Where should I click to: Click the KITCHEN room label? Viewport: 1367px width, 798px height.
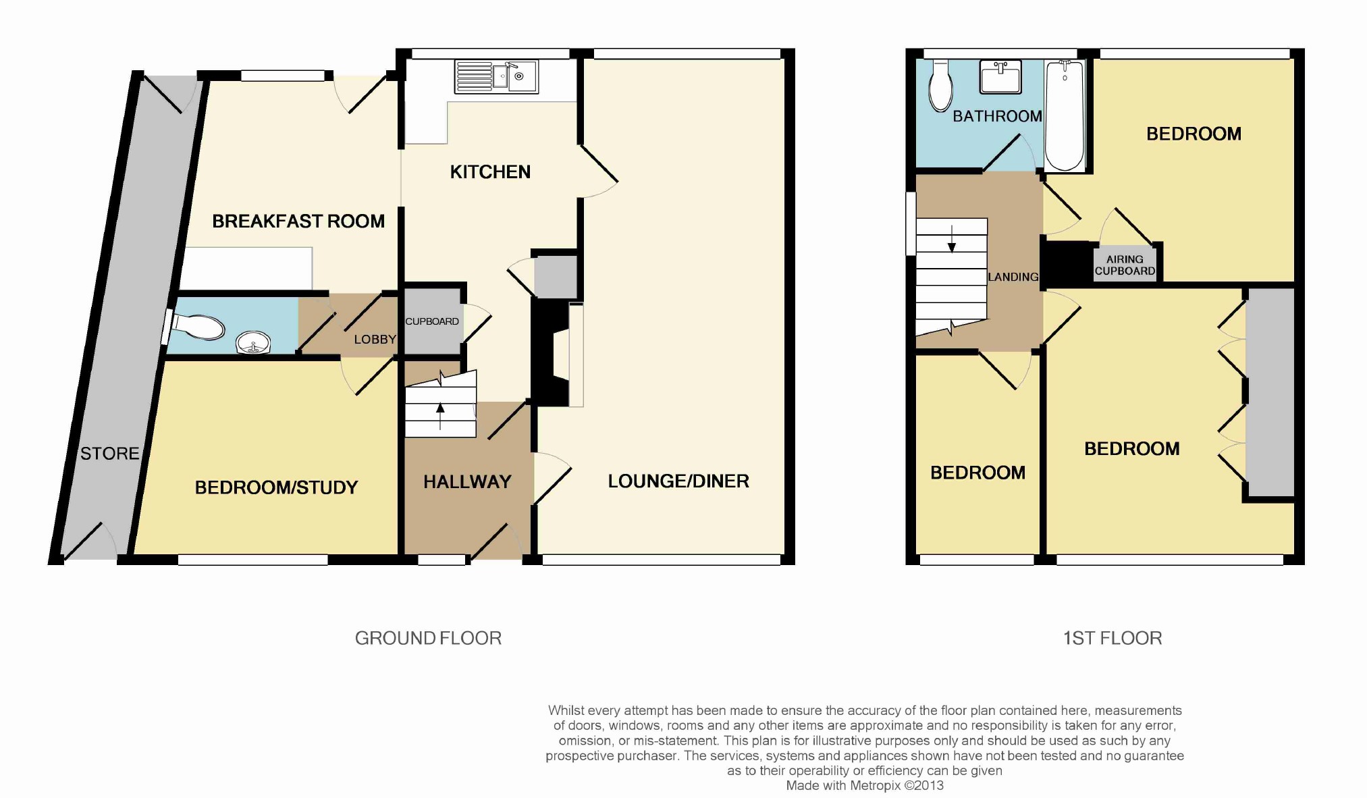pyautogui.click(x=490, y=172)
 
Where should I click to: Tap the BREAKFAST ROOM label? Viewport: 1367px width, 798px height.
pyautogui.click(x=298, y=221)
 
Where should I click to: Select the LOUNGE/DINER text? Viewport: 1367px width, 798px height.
pyautogui.click(x=678, y=481)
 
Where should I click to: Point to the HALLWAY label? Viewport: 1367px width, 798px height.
pyautogui.click(x=467, y=482)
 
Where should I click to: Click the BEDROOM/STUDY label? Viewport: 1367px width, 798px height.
pyautogui.click(x=276, y=487)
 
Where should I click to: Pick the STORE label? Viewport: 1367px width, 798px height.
pyautogui.click(x=110, y=454)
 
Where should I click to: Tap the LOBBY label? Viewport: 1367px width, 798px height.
pyautogui.click(x=375, y=340)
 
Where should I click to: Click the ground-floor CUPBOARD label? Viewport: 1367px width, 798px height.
pyautogui.click(x=432, y=321)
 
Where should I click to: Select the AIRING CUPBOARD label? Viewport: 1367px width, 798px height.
pyautogui.click(x=1125, y=265)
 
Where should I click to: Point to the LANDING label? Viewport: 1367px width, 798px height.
pyautogui.click(x=1013, y=277)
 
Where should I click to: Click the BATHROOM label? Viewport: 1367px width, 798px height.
pyautogui.click(x=997, y=116)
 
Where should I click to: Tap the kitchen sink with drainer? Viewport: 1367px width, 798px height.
pyautogui.click(x=496, y=76)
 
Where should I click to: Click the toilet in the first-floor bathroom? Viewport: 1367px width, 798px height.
pyautogui.click(x=940, y=86)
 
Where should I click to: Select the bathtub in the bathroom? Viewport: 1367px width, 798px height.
pyautogui.click(x=1065, y=114)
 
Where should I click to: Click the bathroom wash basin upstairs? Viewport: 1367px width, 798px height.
pyautogui.click(x=1000, y=76)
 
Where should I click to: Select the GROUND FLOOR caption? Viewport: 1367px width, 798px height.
pyautogui.click(x=428, y=639)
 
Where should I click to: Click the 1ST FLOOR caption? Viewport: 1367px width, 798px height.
pyautogui.click(x=1113, y=639)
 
